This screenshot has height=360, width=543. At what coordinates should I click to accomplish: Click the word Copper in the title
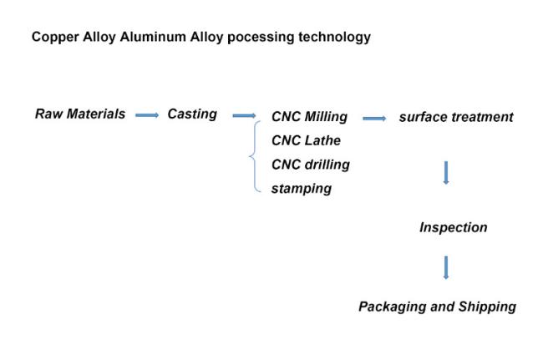55,38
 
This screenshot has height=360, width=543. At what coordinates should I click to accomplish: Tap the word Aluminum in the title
153,37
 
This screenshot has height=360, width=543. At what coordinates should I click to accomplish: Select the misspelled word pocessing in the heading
261,38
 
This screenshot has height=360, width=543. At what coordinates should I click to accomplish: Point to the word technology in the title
334,38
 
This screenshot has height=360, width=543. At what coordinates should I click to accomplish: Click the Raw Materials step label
80,114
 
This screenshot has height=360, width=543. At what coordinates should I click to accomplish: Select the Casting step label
192,114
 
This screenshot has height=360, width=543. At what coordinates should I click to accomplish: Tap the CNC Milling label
309,117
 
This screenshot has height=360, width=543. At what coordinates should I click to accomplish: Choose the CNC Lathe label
306,140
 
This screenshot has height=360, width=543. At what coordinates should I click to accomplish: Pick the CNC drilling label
311,165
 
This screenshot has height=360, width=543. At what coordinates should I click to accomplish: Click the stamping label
302,189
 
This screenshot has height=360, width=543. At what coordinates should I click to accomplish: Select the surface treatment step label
456,117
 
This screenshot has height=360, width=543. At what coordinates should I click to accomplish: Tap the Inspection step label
454,228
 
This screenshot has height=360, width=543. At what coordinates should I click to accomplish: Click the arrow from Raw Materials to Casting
147,115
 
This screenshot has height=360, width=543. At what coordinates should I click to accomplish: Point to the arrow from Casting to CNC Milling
244,115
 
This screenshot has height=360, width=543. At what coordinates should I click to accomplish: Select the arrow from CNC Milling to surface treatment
374,119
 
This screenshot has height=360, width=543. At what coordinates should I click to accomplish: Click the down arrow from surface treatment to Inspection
446,173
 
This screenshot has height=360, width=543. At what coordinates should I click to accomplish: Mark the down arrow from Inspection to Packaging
446,267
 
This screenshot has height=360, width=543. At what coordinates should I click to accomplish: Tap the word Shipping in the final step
487,307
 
